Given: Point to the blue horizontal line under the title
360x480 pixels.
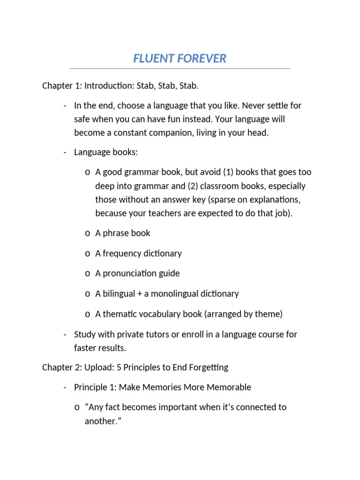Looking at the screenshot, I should pos(180,69).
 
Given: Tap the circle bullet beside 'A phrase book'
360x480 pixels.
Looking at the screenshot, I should pos(88,233).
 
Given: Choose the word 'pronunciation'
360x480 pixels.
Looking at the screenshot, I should pos(131,273).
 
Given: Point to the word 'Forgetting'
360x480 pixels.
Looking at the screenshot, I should pos(208,367).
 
